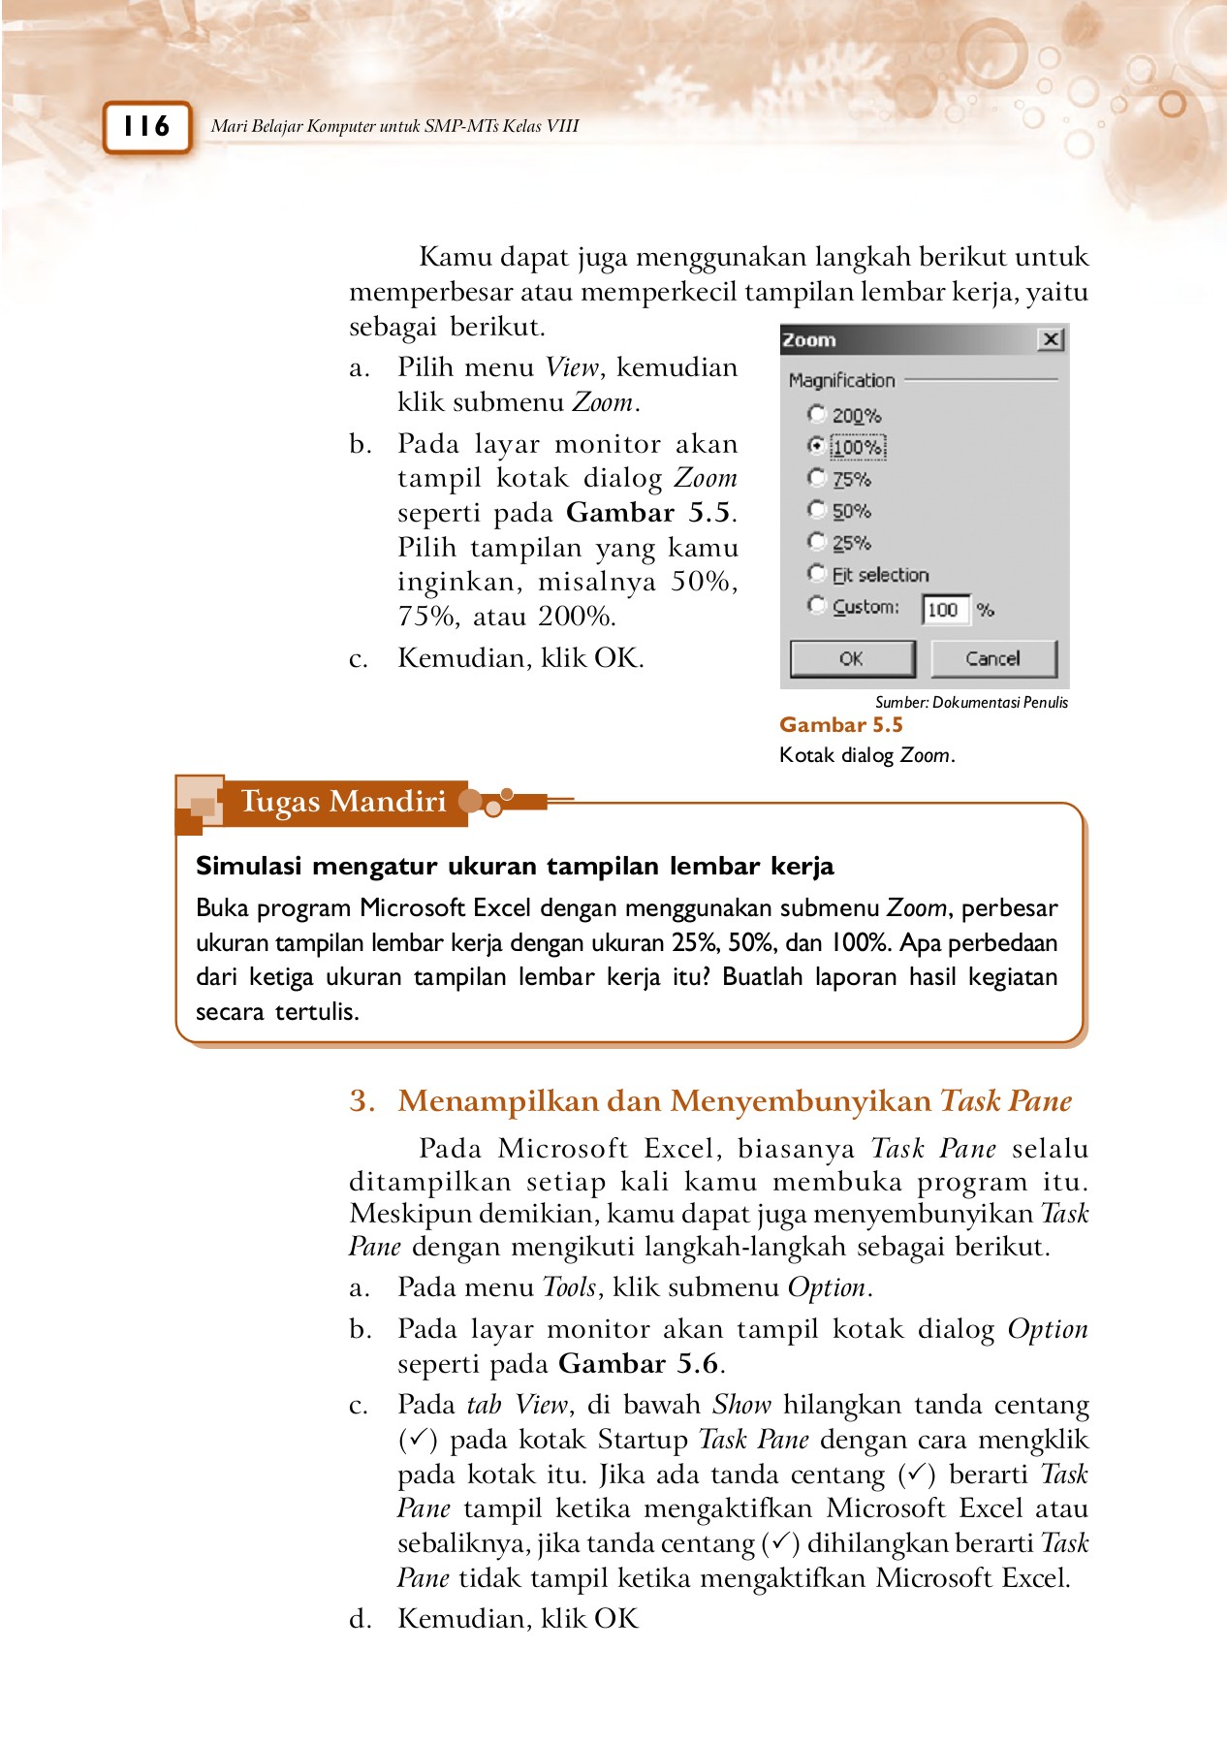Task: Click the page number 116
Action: click(146, 127)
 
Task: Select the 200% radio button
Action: click(817, 414)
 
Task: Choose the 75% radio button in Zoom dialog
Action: click(817, 478)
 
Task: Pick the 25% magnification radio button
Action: click(817, 542)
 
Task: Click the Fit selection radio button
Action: click(817, 574)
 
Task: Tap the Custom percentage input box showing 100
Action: click(944, 610)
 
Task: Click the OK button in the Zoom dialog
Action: click(851, 659)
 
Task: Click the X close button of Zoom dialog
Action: click(1051, 339)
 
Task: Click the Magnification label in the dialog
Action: click(841, 381)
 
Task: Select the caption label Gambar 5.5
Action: click(840, 725)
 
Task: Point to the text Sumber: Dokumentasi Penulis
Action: click(971, 703)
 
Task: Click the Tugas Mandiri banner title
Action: click(343, 802)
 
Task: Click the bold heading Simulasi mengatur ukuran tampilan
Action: click(514, 866)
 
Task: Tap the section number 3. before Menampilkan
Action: click(362, 1101)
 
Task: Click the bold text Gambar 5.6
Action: click(639, 1364)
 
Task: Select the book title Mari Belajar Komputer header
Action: click(394, 126)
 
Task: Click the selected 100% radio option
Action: click(817, 446)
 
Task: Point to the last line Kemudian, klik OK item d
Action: click(518, 1618)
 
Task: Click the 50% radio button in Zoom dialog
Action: click(817, 510)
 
